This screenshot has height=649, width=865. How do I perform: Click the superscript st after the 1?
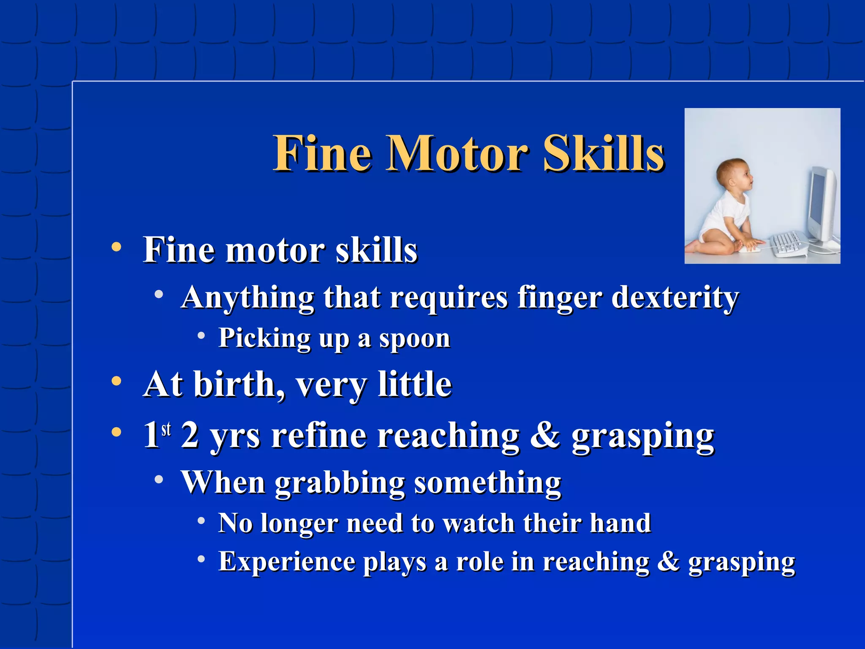[x=166, y=428]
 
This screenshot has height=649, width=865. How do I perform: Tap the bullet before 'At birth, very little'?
[x=117, y=382]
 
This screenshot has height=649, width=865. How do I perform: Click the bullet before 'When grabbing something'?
[x=159, y=479]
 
